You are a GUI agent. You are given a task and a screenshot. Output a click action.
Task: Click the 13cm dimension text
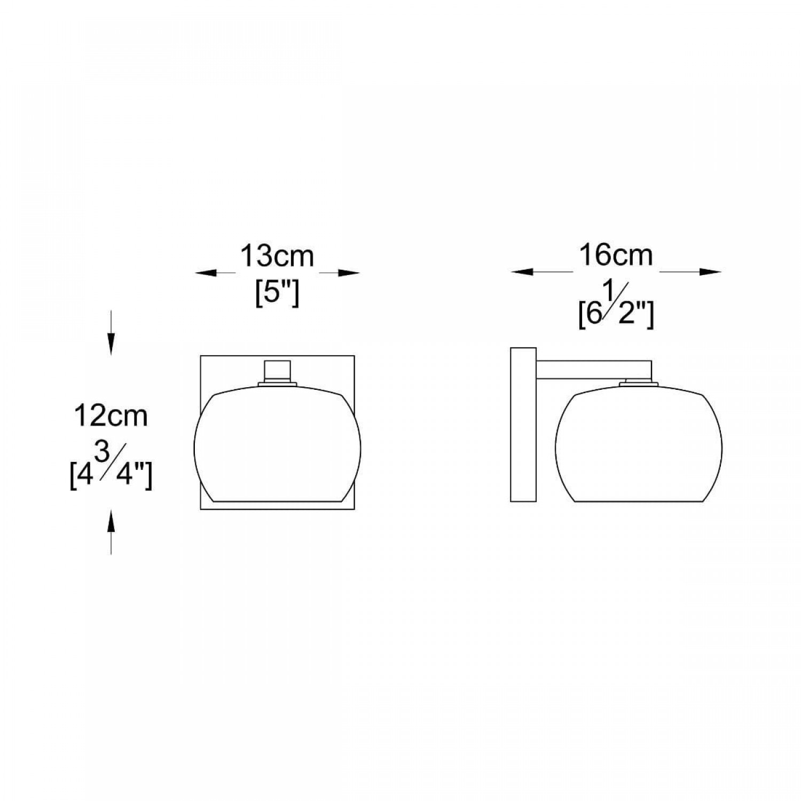point(277,256)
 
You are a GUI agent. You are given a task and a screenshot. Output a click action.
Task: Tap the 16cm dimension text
point(616,255)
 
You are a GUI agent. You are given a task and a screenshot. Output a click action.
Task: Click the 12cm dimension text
point(111,416)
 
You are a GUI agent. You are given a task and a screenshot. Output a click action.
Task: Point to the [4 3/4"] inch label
point(111,470)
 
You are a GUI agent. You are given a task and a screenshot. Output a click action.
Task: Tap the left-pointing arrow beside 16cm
point(529,272)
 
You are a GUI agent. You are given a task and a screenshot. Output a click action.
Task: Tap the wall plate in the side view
point(523,425)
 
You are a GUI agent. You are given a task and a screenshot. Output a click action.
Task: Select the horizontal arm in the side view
point(593,370)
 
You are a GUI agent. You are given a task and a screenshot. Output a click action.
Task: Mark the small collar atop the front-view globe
point(277,382)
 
